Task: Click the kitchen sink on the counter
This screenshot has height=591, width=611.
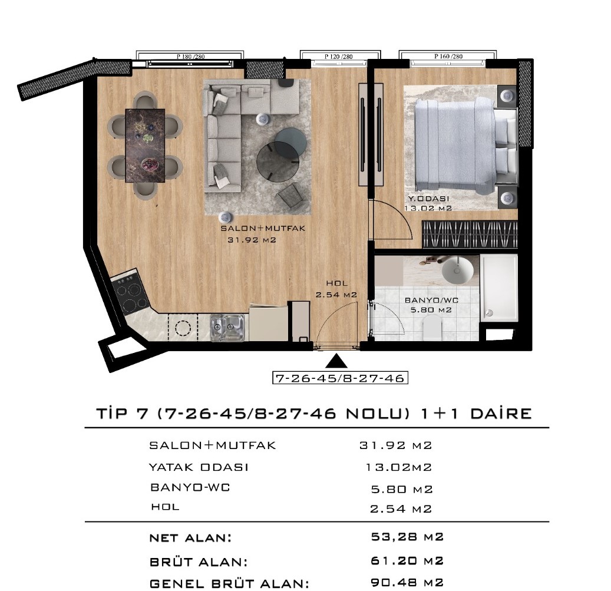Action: click(227, 328)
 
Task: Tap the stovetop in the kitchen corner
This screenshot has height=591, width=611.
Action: click(130, 292)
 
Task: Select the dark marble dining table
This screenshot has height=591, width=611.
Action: click(145, 146)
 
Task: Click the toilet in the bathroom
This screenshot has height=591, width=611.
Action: click(431, 327)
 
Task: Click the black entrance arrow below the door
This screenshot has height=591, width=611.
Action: click(336, 361)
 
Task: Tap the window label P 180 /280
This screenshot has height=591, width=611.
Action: click(190, 57)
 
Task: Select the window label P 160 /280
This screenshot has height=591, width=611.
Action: click(448, 57)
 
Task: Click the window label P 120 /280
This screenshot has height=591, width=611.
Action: click(339, 57)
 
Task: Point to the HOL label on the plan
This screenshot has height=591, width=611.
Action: click(336, 283)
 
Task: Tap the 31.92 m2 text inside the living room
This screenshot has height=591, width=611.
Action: click(252, 240)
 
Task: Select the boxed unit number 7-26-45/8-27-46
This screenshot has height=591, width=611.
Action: click(340, 378)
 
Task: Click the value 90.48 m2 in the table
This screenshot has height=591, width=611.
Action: click(407, 582)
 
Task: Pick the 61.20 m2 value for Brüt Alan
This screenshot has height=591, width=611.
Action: click(407, 560)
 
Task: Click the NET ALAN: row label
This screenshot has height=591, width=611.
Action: click(190, 538)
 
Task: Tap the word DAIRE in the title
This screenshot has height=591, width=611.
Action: click(501, 414)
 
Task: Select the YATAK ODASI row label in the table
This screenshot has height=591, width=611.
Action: click(199, 467)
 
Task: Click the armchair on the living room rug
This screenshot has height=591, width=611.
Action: click(290, 196)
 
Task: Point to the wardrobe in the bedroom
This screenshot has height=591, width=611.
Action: click(470, 235)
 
